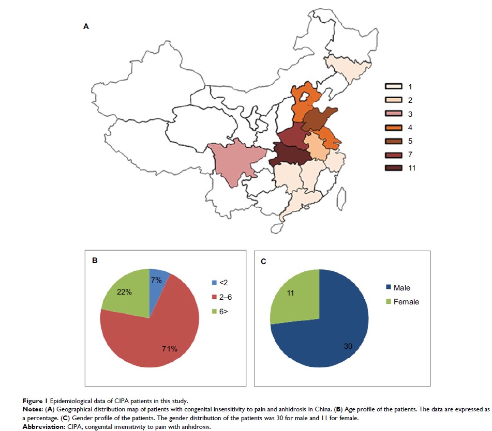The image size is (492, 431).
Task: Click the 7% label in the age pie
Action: (157, 280)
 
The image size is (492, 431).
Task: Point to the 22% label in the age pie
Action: (124, 292)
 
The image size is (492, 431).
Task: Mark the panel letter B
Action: (95, 260)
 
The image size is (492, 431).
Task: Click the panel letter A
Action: (86, 26)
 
